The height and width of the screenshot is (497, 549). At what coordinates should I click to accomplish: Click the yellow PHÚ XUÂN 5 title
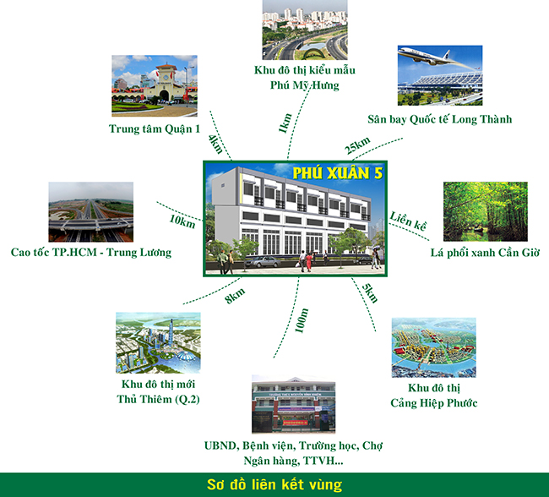coord(338,173)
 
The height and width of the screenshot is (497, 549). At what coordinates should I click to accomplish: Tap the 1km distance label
coord(285,123)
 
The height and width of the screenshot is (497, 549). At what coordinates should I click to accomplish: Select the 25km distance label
coord(357,145)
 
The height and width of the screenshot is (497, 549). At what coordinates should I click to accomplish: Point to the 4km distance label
coord(215,144)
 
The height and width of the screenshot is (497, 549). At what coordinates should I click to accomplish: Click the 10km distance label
coord(182,221)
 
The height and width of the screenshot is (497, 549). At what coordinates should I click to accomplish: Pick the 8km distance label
coord(235,296)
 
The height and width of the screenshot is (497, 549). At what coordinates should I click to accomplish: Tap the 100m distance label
coord(302,320)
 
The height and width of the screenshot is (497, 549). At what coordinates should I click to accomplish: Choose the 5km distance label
coord(370,293)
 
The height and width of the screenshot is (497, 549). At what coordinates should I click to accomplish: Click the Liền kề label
coord(408,221)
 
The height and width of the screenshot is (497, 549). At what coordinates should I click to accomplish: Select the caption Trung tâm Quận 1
coord(155,129)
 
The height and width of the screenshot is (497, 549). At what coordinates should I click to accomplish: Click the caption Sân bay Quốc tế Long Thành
coord(440,119)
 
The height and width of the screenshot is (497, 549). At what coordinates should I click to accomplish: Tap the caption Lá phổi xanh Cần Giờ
coord(485,253)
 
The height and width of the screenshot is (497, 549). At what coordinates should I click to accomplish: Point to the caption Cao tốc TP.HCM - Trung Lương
coord(91,253)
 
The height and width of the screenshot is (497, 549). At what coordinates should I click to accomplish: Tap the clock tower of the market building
coord(166,76)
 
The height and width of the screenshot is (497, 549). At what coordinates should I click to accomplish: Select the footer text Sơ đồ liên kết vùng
coord(274,484)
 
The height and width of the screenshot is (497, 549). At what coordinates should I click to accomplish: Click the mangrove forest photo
coord(486,211)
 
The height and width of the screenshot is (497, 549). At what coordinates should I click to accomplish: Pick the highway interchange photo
coord(90,212)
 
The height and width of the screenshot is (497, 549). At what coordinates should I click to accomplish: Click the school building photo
coord(293,404)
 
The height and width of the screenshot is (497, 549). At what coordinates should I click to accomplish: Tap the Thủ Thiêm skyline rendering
coord(158,343)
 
